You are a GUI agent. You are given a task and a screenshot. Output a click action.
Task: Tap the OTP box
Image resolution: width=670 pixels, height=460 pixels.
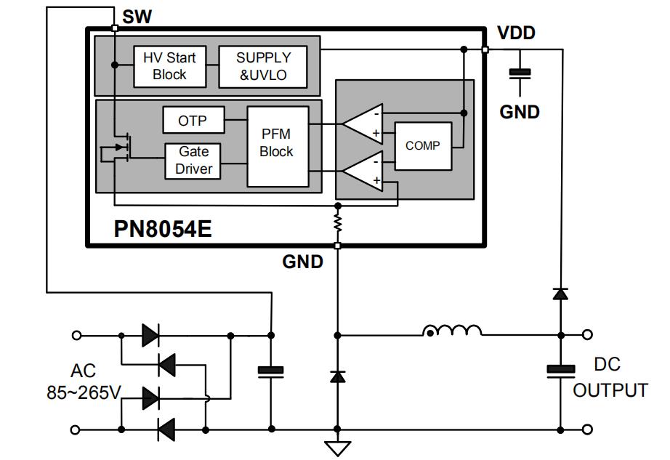pos(193,121)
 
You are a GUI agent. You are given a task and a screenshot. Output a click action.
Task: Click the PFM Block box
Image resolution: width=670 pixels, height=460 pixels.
pos(277,143)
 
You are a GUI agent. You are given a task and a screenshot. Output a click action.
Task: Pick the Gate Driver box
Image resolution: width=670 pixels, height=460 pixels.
pos(193,160)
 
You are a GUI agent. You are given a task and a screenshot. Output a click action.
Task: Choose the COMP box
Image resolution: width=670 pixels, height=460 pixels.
pos(422,145)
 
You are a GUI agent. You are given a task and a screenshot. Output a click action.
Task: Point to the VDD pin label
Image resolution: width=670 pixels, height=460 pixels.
pos(516,33)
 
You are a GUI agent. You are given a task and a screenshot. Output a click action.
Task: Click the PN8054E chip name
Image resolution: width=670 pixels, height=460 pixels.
pos(163,229)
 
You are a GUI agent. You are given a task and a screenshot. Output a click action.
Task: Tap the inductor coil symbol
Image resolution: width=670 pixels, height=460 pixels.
pos(452,331)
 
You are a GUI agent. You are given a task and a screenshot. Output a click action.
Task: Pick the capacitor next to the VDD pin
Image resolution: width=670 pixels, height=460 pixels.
pos(520,73)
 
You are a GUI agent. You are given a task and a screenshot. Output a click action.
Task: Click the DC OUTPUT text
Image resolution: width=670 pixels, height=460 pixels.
pos(610,376)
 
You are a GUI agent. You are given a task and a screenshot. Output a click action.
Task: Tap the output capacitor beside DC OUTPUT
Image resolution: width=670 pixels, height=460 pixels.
pos(560,371)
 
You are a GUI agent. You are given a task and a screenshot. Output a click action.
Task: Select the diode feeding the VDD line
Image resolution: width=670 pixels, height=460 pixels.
pos(560,294)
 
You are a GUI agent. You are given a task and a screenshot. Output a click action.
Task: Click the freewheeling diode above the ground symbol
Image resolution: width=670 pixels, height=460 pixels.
pos(337,376)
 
